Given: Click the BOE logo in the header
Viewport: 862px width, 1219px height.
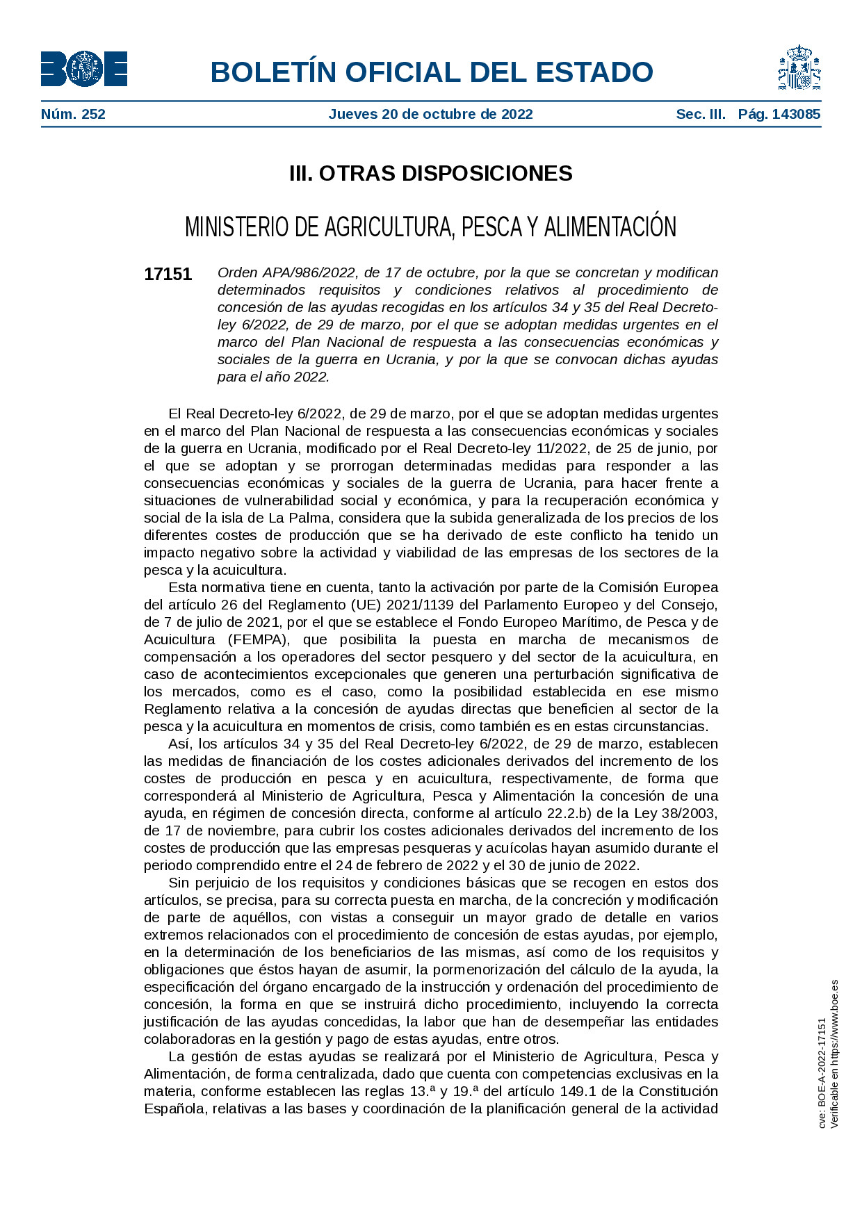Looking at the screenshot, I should tap(83, 69).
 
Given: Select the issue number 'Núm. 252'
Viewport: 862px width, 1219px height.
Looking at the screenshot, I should tap(73, 114).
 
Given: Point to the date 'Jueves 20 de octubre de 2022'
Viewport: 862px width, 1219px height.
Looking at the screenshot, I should tap(430, 114).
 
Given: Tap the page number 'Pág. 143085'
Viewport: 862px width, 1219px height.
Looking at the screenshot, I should tap(779, 114).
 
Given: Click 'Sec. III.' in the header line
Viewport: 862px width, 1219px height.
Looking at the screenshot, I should tap(701, 114).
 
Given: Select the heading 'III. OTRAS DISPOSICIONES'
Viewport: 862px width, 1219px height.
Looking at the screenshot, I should tap(430, 173).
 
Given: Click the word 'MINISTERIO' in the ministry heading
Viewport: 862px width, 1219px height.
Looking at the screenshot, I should tap(232, 227).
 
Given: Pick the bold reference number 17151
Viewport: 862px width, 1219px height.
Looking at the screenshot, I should tap(168, 274).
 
